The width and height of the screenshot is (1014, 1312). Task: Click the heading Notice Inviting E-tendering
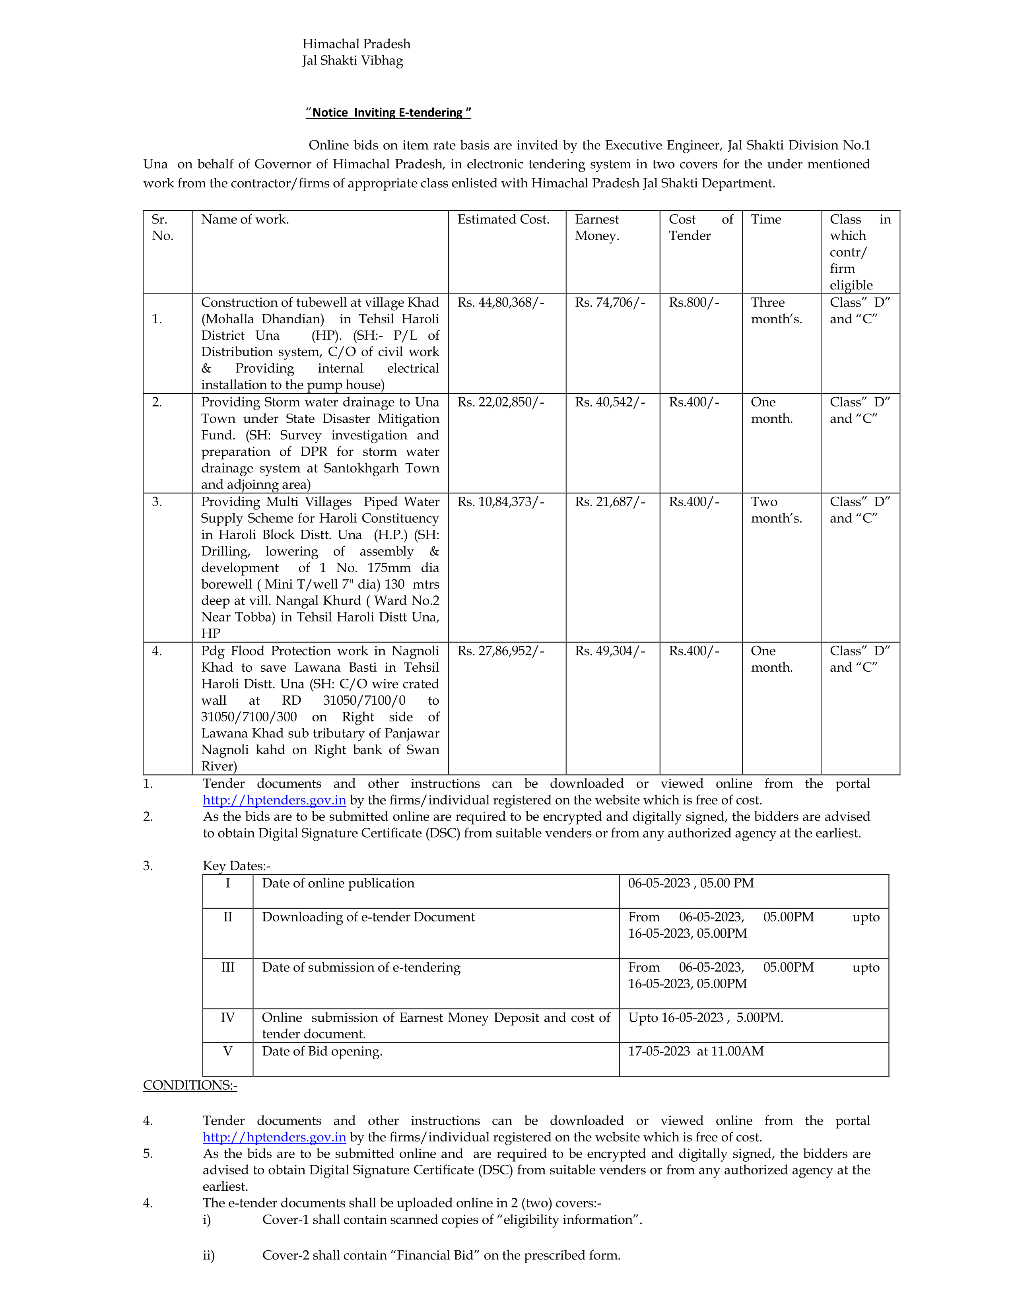click(388, 112)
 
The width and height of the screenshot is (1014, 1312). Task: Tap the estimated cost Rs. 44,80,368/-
click(500, 303)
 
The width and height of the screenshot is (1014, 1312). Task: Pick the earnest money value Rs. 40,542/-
click(610, 402)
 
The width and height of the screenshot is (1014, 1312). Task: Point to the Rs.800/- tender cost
click(694, 303)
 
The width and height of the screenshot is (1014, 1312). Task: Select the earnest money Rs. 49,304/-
click(610, 651)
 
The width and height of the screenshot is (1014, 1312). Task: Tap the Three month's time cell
click(776, 311)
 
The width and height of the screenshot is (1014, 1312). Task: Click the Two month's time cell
click(776, 510)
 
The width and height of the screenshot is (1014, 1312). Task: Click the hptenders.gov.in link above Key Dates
click(274, 800)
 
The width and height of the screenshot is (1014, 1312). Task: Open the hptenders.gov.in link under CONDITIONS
click(274, 1137)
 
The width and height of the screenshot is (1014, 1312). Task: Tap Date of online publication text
click(338, 883)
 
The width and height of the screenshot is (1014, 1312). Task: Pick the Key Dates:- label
click(237, 866)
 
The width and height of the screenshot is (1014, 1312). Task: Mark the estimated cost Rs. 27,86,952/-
click(500, 651)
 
